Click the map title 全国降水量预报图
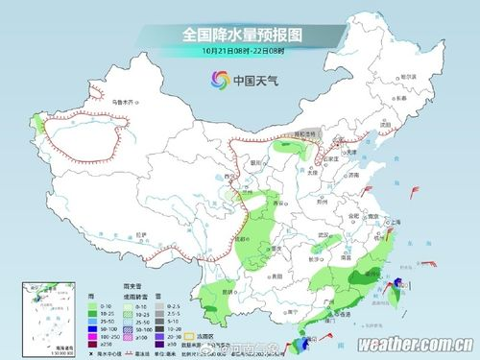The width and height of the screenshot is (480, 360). pos(241,35)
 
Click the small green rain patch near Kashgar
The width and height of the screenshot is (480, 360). pos(39,125)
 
